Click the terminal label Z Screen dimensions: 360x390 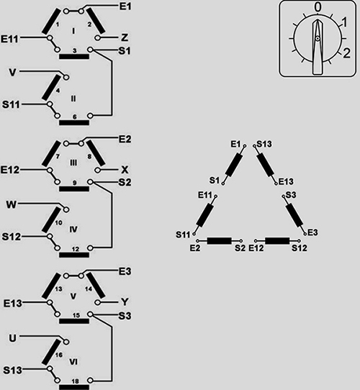point(125,38)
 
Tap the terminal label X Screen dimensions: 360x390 point(125,170)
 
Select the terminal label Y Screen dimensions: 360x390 point(125,302)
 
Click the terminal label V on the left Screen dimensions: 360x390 point(12,73)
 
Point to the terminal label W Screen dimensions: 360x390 point(12,204)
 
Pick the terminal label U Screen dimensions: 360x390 point(13,338)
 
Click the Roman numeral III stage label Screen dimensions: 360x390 point(73,163)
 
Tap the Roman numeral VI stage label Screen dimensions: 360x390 point(73,362)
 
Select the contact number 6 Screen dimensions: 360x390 point(74,117)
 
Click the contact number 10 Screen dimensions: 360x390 point(58,222)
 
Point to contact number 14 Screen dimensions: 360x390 point(89,289)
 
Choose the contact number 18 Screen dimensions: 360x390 point(76,381)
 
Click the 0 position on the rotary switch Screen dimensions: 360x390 point(318,7)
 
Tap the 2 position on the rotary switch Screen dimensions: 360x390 point(346,53)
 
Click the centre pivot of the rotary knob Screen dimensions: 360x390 point(318,39)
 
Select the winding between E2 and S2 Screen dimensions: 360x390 point(220,241)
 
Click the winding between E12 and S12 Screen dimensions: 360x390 point(277,241)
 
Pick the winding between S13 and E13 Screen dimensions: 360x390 point(265,165)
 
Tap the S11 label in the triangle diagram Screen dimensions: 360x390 point(183,235)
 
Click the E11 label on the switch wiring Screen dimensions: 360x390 point(9,39)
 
